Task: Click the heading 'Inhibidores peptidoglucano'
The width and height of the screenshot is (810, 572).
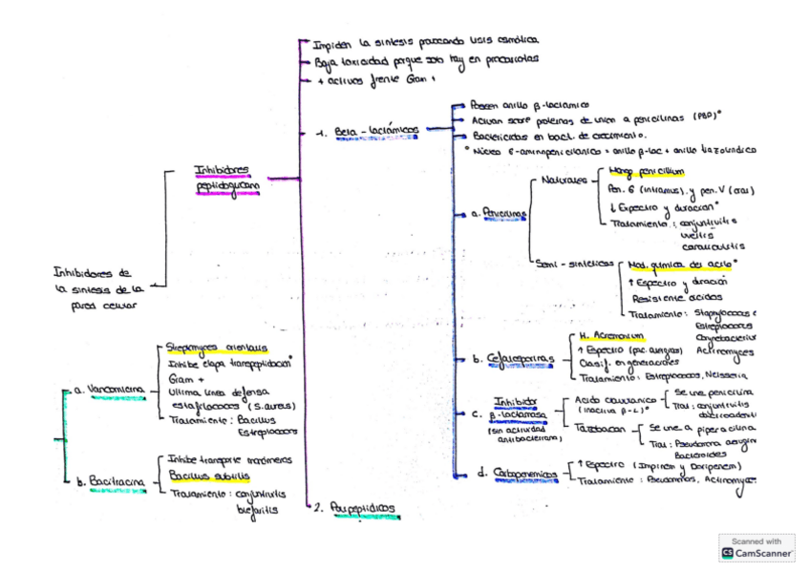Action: click(222, 178)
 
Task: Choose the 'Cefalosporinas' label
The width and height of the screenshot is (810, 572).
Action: click(521, 359)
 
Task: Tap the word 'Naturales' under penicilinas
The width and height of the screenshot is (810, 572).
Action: click(565, 179)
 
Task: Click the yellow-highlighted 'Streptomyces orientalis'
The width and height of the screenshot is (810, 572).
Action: click(217, 349)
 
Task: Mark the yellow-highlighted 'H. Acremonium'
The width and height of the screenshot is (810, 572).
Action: click(612, 336)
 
